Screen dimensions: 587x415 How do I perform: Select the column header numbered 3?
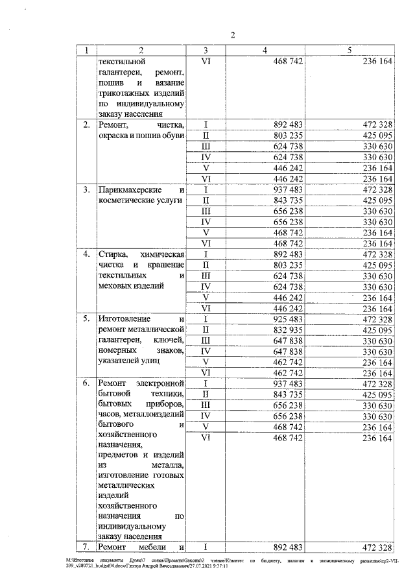[x=206, y=50]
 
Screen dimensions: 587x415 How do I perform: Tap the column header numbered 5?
[x=350, y=50]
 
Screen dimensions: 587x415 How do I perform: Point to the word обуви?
[x=173, y=135]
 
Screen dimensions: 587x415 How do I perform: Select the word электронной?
[x=160, y=384]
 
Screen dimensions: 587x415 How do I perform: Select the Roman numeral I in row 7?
[x=206, y=547]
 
